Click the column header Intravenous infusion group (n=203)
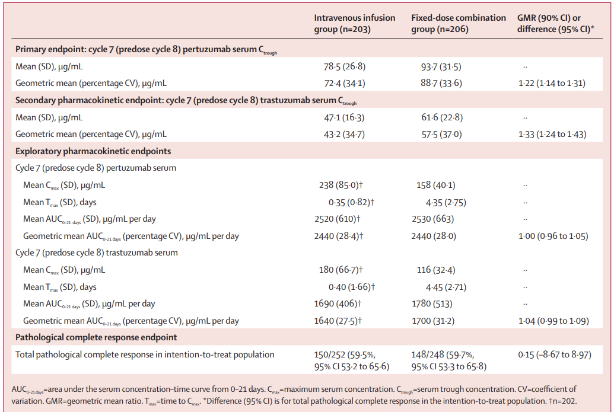tap(354, 24)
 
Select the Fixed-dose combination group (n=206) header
tap(458, 24)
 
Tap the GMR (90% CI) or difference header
tap(555, 24)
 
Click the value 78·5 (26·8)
tap(345, 66)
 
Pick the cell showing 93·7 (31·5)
tap(441, 67)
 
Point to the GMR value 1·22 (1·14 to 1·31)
tap(552, 84)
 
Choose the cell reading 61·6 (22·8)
tap(442, 117)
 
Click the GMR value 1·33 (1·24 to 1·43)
tap(552, 134)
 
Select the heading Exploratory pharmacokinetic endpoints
tap(93, 151)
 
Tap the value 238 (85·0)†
tap(341, 185)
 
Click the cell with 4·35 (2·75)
tap(446, 203)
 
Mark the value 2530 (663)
tap(432, 219)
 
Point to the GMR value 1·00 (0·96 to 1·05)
tap(553, 237)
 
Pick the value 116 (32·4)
tap(436, 270)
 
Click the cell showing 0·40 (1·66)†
tap(352, 287)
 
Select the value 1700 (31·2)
tap(432, 321)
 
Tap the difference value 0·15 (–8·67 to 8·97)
tap(555, 355)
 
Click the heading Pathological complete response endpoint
tap(96, 338)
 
